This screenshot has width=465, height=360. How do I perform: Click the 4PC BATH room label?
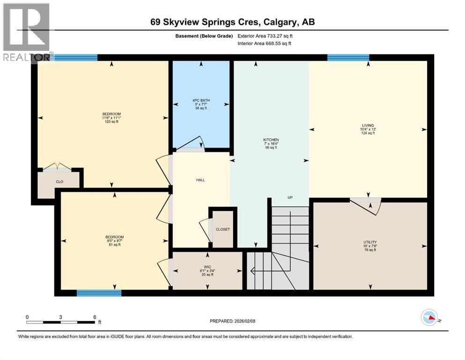[201, 100]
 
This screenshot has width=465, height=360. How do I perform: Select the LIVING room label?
[368, 125]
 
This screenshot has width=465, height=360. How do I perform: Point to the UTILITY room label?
[370, 242]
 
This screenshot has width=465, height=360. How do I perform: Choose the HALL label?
[201, 180]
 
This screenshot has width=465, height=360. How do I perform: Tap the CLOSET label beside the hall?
[222, 229]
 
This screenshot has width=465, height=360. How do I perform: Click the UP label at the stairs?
[290, 197]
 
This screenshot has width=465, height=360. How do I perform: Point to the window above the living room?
[348, 58]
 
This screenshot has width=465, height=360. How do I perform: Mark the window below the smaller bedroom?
[99, 293]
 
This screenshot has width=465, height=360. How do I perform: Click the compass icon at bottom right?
[430, 318]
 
